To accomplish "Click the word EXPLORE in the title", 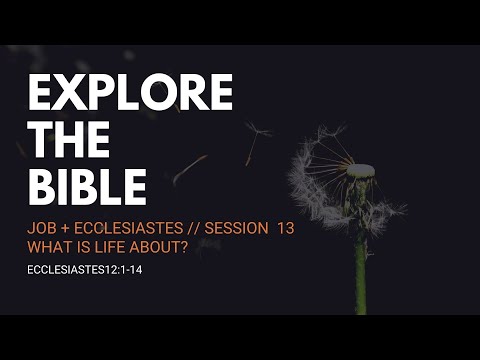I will tap(130, 94).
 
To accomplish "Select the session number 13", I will tap(286, 228).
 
